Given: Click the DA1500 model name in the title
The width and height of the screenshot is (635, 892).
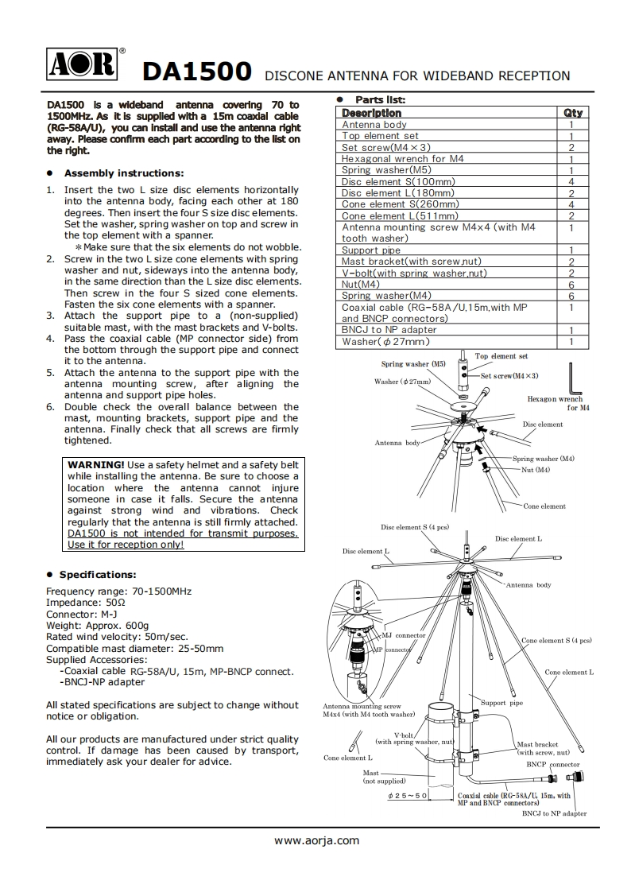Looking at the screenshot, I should pos(196,73).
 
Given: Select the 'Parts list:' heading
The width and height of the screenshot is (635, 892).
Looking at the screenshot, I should pos(380,100).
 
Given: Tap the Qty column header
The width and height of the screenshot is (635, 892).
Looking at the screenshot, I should pos(571,113).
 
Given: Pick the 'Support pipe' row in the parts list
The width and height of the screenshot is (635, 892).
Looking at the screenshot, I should pos(371,250).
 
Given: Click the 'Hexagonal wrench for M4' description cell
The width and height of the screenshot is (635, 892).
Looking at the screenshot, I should pos(402,159).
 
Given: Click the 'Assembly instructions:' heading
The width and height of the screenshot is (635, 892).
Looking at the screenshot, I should pos(124,173).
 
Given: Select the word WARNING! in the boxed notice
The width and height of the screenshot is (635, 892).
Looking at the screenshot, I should pos(95,465).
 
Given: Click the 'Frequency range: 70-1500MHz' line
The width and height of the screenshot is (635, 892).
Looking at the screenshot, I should pos(118,591).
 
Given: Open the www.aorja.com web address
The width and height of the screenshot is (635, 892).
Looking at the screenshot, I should pos(317,840).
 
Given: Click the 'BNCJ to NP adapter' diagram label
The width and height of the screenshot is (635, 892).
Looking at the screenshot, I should pos(554,813).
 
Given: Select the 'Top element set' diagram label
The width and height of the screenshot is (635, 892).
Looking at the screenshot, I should pos(501,356).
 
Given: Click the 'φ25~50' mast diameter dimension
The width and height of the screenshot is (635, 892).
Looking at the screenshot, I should pos(408,796).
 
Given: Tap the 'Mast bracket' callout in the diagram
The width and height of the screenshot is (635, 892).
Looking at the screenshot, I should pos(538,745).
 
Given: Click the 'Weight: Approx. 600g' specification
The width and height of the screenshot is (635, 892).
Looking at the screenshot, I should pos(97,626).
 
